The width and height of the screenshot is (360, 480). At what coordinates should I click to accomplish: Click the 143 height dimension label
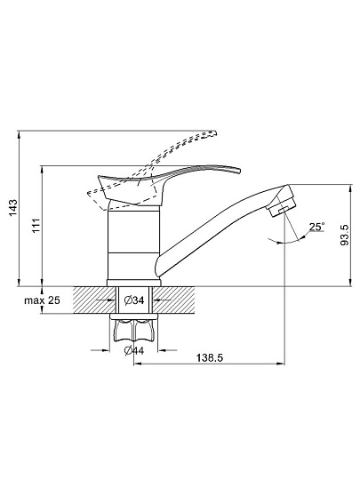[13, 208]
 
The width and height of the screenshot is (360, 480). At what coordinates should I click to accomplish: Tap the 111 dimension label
[36, 226]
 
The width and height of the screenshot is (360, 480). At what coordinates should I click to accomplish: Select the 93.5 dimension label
[344, 235]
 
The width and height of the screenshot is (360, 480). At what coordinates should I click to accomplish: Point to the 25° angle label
[316, 227]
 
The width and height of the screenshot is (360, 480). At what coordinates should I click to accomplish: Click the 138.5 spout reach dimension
[210, 357]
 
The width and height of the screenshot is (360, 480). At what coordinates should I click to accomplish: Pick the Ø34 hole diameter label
[134, 300]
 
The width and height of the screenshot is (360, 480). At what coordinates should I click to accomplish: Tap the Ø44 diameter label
[134, 350]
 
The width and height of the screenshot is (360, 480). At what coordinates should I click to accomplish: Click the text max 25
[43, 300]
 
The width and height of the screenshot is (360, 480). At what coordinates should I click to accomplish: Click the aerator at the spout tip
[282, 207]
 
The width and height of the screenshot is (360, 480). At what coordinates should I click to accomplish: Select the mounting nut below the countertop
[133, 331]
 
